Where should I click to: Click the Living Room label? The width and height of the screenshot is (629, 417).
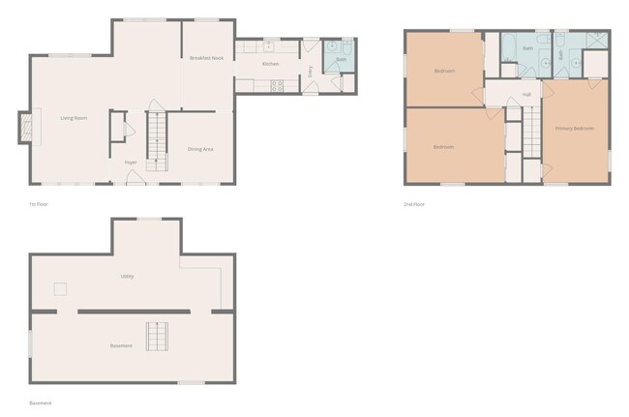75,118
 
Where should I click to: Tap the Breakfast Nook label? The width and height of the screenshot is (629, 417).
206,58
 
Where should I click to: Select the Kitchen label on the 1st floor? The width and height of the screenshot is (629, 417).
270,64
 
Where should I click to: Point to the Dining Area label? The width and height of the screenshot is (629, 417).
200,148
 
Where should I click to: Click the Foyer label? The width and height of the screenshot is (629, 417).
130,162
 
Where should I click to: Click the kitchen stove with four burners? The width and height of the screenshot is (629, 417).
277,84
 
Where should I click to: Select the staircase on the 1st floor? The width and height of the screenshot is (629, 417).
158,140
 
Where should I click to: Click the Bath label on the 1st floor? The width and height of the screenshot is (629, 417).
341,59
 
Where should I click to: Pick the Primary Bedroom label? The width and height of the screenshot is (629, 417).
574,128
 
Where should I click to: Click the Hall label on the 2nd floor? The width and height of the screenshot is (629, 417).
526,94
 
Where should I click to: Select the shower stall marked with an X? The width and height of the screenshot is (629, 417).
596,41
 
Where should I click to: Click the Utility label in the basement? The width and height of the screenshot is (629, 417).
127,276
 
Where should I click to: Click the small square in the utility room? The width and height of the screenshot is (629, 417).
60,287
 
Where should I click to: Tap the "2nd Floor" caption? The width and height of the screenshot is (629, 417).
414,204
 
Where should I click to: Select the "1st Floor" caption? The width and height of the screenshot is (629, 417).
39,204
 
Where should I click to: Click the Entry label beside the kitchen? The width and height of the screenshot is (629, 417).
310,70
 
